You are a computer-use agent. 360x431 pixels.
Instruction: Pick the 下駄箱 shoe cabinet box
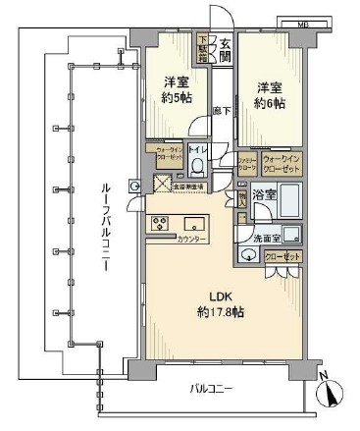[x=204, y=48]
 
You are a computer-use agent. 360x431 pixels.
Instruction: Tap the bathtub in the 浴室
[x=289, y=197]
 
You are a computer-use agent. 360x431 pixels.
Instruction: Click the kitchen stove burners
[x=159, y=223]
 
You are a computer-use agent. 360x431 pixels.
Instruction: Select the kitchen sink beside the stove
[x=192, y=222]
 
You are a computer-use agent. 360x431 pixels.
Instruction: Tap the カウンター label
[x=192, y=240]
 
